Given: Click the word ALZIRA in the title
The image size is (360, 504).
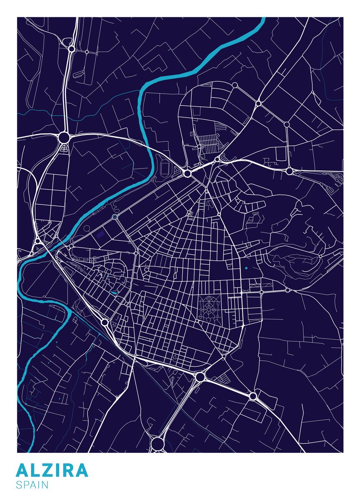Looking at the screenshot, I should point(52,470).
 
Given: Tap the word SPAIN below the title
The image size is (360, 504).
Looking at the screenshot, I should point(32,485).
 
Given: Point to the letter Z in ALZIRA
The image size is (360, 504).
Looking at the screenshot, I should point(48,470).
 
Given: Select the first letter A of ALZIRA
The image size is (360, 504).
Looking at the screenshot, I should point(23,470).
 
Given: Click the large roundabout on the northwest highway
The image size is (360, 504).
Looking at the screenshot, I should point(64,137).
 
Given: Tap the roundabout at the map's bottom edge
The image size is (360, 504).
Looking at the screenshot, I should point(158,443).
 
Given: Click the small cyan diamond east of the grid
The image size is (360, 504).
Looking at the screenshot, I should point(246,268).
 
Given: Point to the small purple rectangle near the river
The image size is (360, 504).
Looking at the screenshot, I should point(100,234).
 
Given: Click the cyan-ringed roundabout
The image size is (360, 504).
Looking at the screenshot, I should point(115,217).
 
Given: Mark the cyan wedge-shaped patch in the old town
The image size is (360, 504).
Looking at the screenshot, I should point(114,292).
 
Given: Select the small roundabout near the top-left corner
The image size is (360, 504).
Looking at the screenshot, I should point(71,49).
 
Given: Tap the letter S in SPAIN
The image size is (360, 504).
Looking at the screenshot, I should point(19,485).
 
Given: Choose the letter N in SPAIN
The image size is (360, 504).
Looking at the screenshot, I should point(45,485).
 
